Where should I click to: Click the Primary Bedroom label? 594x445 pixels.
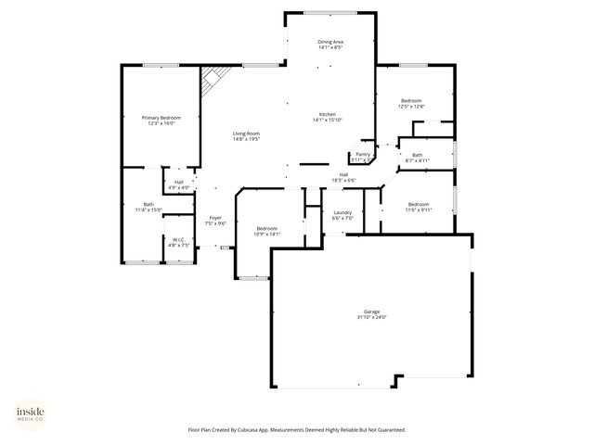161,118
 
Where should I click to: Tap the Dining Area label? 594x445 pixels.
330,42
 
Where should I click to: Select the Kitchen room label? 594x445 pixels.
328,114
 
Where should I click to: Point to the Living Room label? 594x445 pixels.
246,134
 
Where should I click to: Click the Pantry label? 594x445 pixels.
363,154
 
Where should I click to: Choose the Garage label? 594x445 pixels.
371,311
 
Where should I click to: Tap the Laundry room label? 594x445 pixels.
342,212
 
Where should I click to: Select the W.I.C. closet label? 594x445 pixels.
180,239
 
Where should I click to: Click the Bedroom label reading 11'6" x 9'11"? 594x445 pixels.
418,204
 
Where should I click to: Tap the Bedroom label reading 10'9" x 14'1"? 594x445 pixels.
267,228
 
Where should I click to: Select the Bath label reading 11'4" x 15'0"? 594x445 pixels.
148,204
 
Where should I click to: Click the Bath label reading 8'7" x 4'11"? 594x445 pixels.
418,155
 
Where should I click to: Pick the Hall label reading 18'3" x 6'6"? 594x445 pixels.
342,174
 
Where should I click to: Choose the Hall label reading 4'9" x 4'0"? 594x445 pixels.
178,182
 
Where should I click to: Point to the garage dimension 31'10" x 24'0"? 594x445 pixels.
371,317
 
